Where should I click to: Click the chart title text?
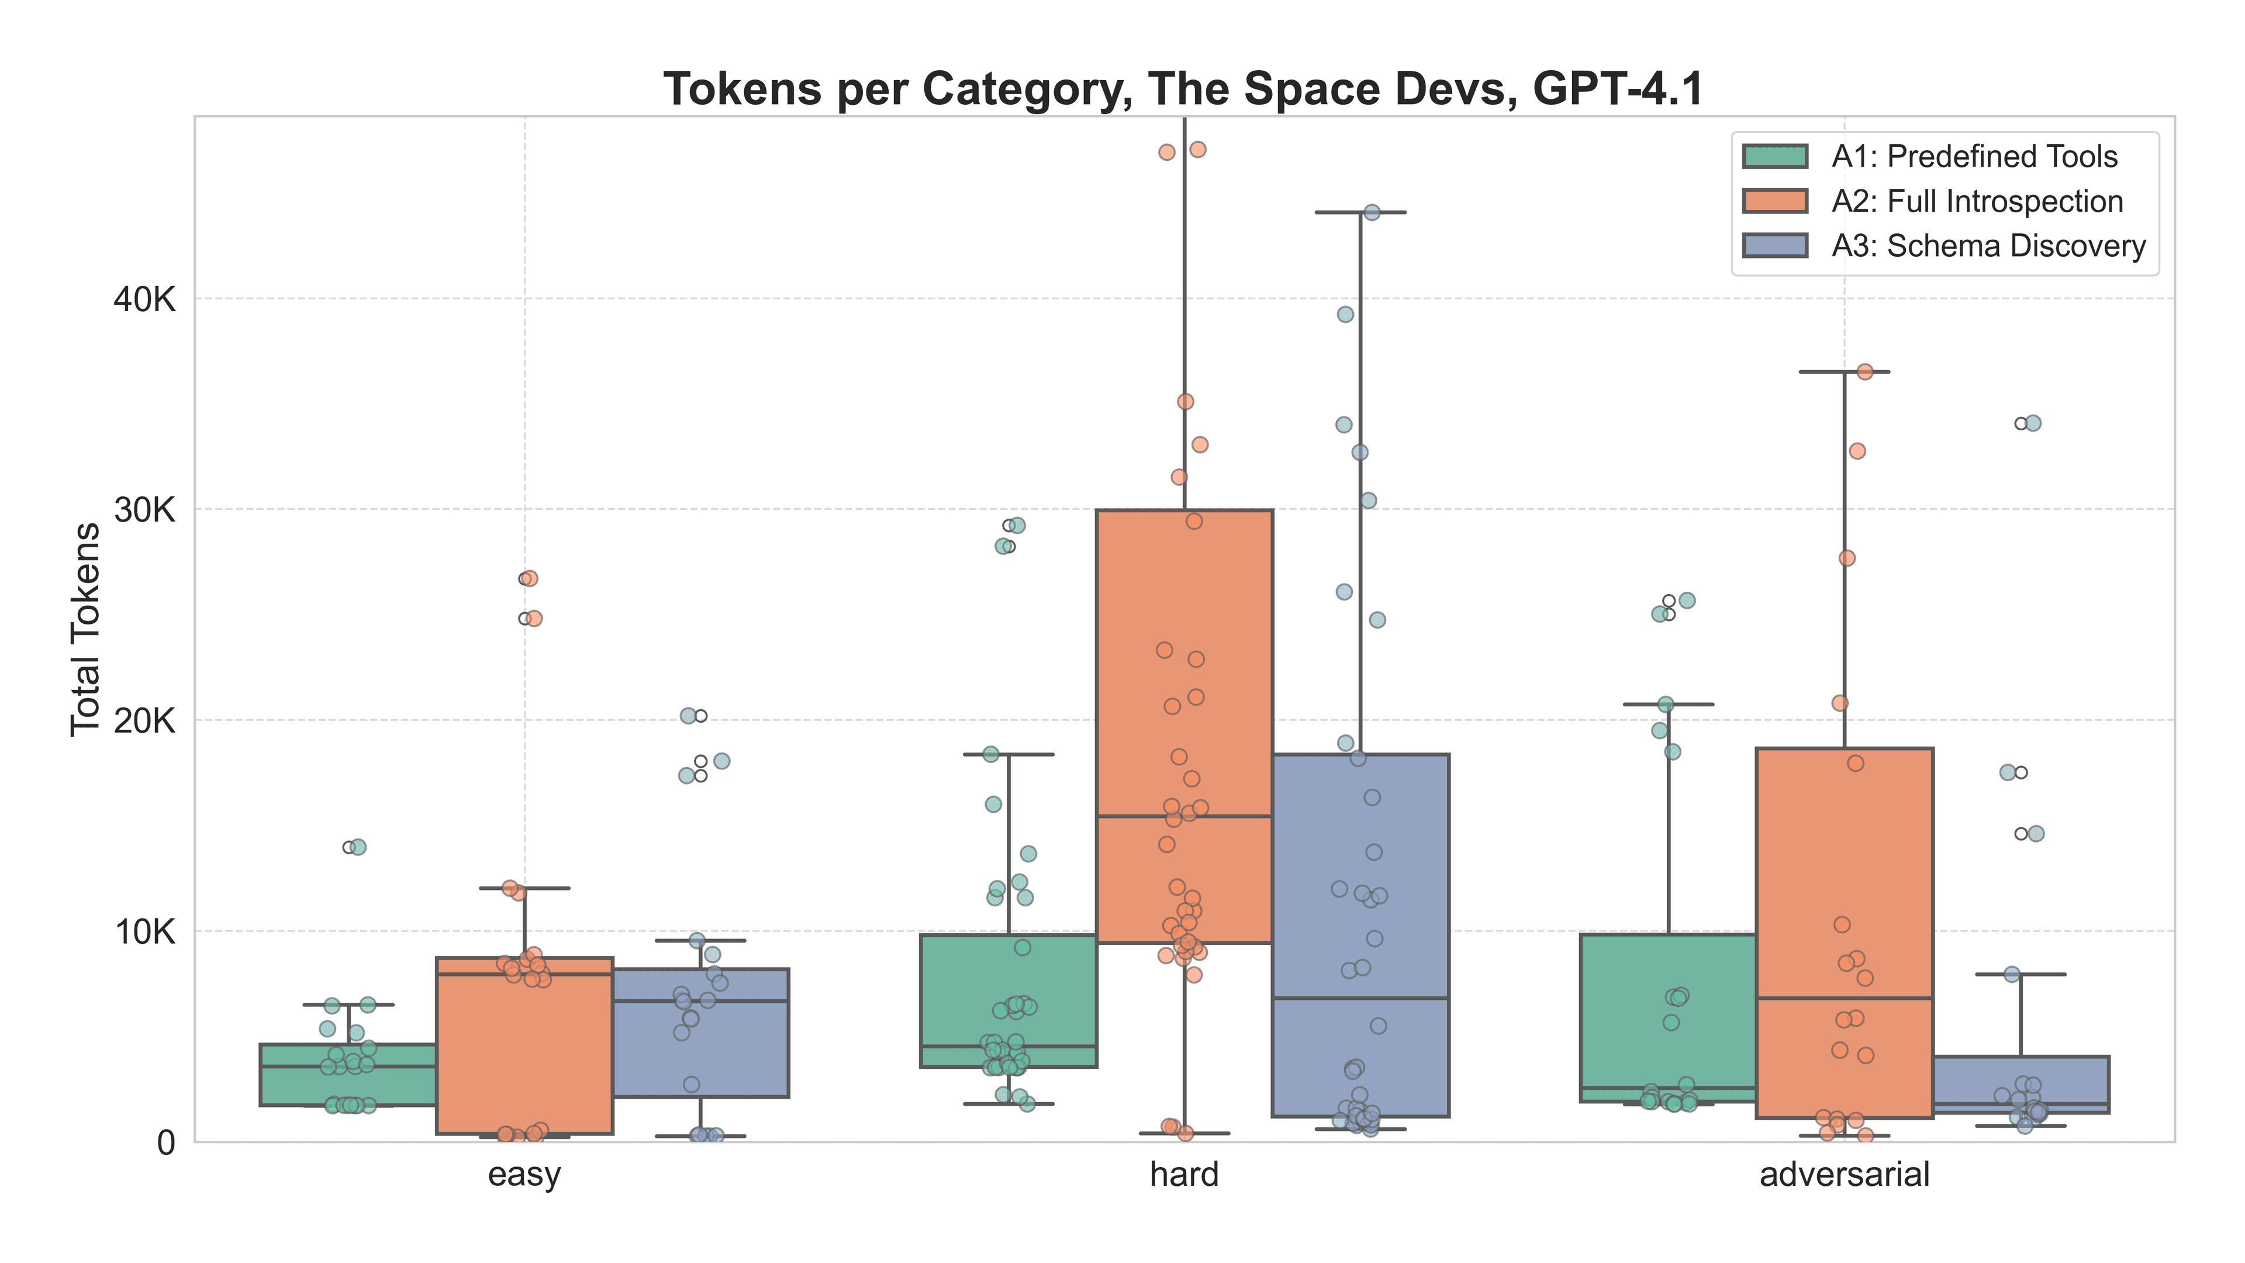click(1183, 89)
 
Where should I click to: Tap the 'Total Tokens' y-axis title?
click(85, 629)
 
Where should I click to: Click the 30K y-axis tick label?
click(144, 510)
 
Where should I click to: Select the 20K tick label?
click(144, 721)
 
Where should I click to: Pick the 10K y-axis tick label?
click(144, 932)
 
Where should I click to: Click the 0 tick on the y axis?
click(165, 1143)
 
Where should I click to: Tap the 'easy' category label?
click(524, 1175)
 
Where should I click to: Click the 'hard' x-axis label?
click(1183, 1175)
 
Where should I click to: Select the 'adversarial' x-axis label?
click(1844, 1175)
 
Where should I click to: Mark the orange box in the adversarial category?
click(1844, 872)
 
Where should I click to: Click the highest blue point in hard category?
click(1372, 213)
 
